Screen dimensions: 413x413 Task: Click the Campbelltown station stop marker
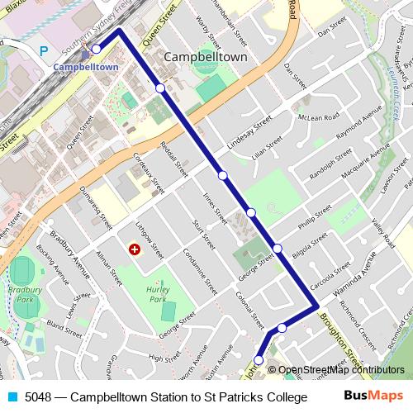[x=97, y=50]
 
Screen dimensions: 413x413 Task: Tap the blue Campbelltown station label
[x=86, y=66]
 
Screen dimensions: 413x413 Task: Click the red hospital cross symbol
[x=135, y=249]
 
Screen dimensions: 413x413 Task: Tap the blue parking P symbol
[x=44, y=51]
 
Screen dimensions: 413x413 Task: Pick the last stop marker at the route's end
[x=259, y=360]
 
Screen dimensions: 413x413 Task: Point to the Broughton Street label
[x=339, y=339]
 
